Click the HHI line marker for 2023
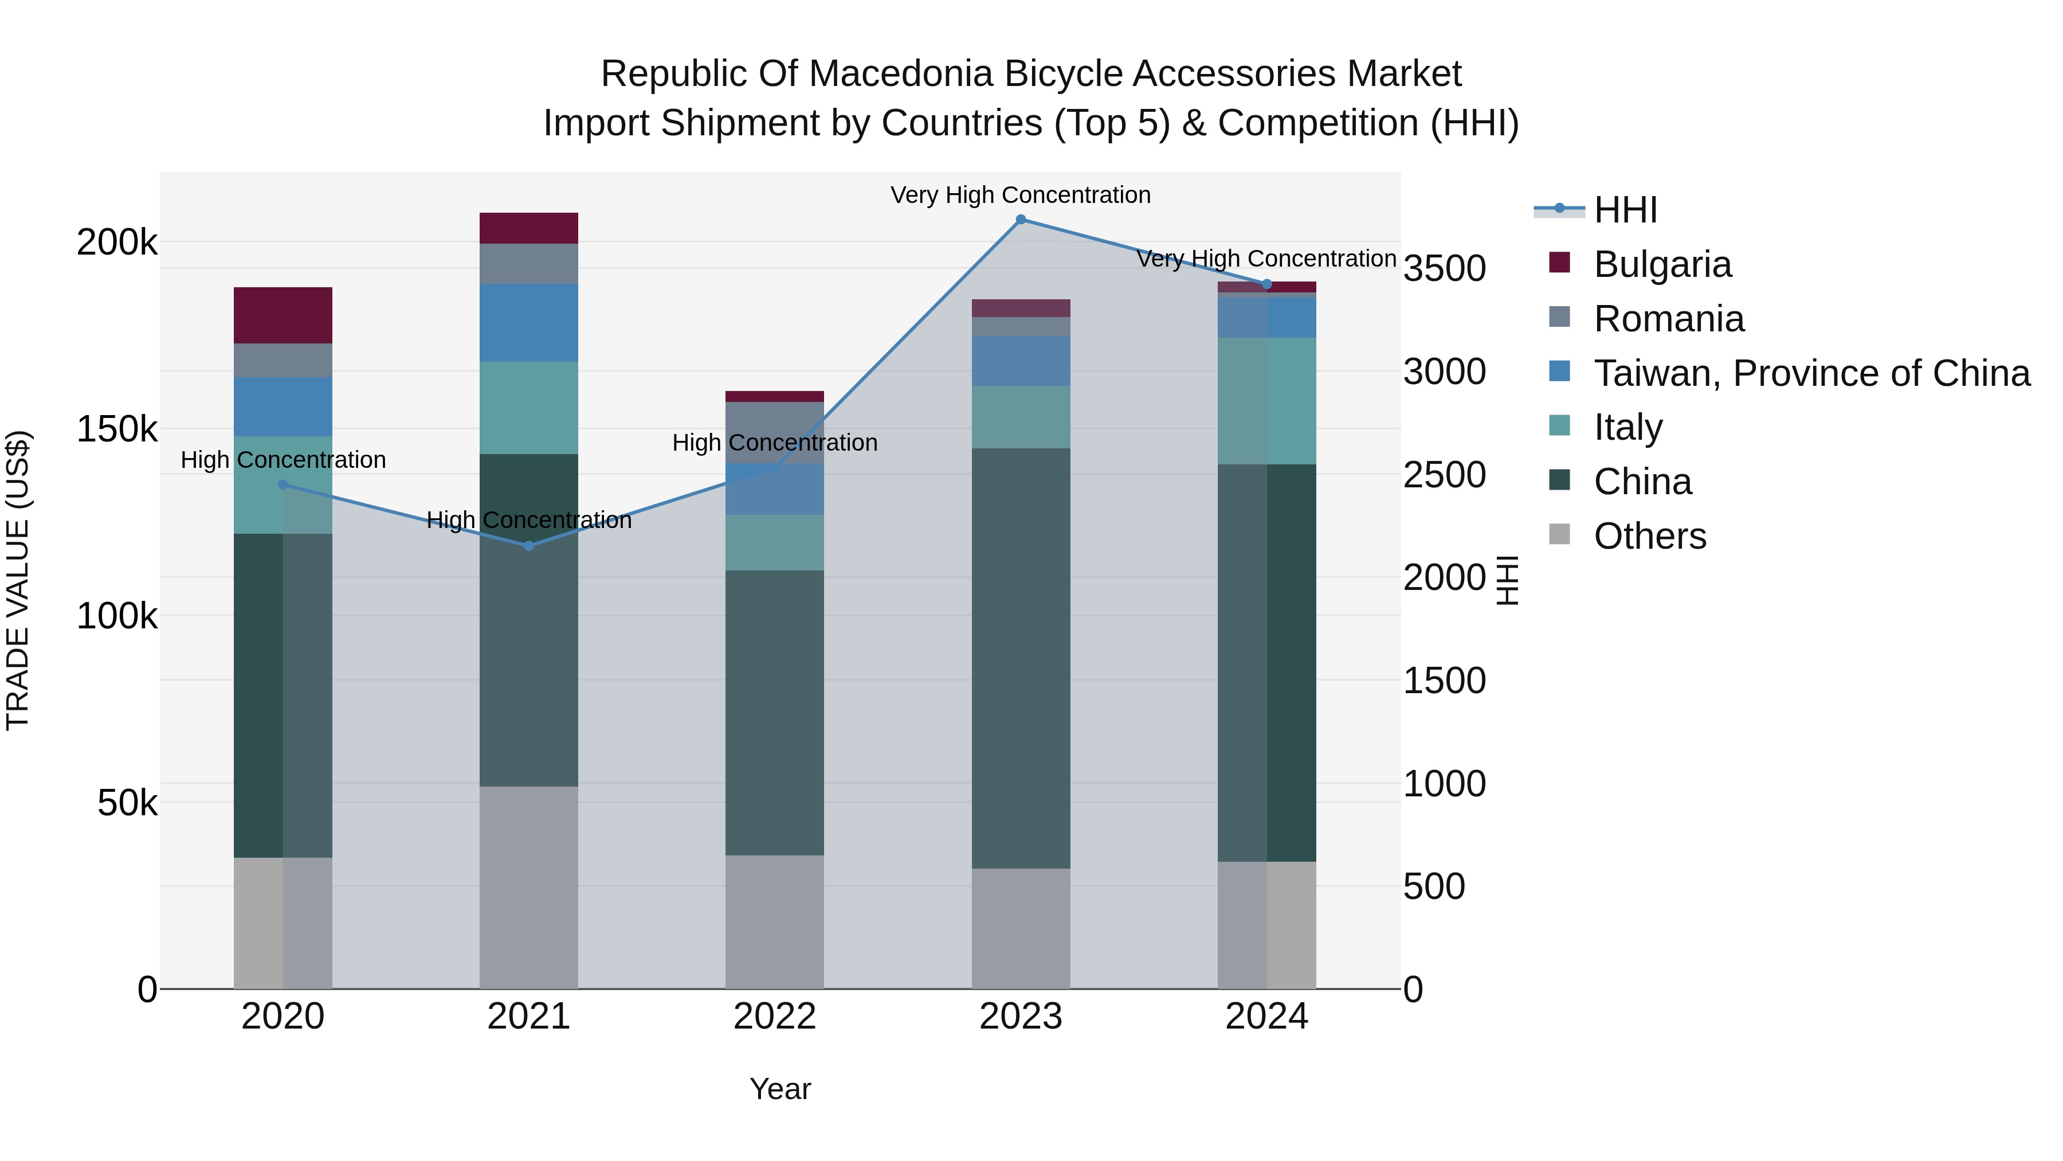pos(1020,220)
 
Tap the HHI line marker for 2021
pos(528,546)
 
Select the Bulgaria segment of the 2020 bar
pos(283,315)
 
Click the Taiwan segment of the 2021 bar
pos(528,322)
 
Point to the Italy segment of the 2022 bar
pos(774,542)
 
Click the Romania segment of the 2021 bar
pos(528,264)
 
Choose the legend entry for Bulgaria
pos(1662,264)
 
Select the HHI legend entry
pos(1625,210)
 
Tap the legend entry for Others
pos(1650,536)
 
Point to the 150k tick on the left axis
pos(117,429)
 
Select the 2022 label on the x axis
pos(774,1017)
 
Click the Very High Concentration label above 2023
pos(1020,195)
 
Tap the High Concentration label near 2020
pos(283,460)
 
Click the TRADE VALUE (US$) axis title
pos(18,580)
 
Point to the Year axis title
pos(780,1089)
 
